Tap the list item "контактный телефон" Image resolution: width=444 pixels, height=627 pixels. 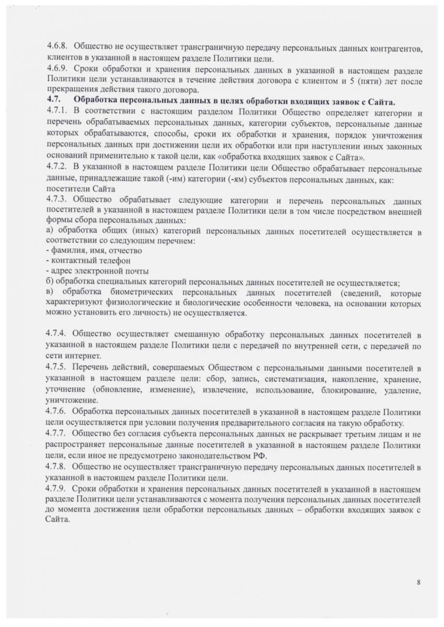(82, 260)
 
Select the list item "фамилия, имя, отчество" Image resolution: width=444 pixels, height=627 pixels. (87, 250)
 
